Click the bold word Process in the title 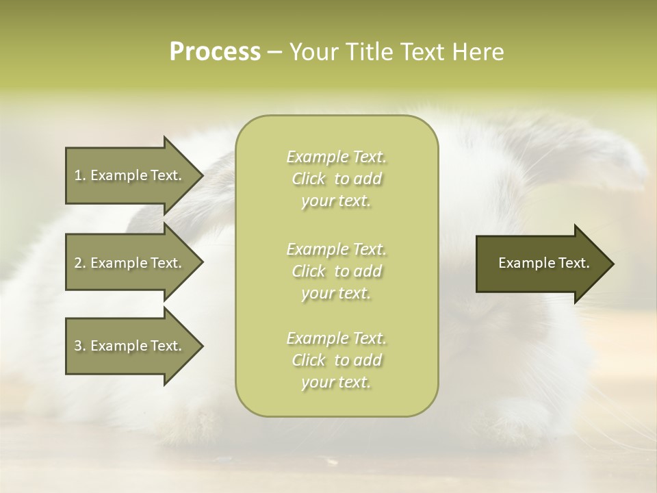215,52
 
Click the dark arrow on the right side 541,263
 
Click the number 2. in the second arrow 80,263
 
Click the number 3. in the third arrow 80,346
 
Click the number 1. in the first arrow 79,175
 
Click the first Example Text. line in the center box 336,157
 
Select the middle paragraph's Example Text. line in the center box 336,249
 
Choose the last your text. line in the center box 336,383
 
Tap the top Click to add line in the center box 336,179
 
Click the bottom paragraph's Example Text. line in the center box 336,338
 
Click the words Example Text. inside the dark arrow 543,263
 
